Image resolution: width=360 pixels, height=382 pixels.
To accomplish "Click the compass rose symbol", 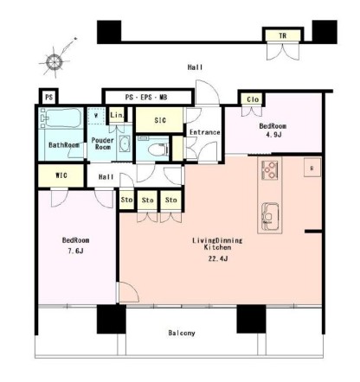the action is pyautogui.click(x=55, y=62).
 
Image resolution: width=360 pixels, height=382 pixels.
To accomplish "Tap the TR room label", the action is pyautogui.click(x=283, y=35).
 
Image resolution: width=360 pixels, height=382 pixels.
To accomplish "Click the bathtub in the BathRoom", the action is pyautogui.click(x=61, y=118).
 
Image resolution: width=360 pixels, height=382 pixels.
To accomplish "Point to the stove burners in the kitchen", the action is pyautogui.click(x=270, y=170).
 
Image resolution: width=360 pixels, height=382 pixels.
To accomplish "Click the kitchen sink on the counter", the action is pyautogui.click(x=270, y=217).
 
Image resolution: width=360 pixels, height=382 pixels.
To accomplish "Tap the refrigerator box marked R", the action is pyautogui.click(x=312, y=168).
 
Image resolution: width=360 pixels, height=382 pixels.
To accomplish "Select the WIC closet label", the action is pyautogui.click(x=61, y=175).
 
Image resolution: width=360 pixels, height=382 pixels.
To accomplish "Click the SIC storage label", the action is pyautogui.click(x=160, y=120).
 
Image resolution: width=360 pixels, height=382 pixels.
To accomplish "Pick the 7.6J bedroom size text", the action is pyautogui.click(x=75, y=251).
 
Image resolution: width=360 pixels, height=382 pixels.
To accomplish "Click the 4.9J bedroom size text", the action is pyautogui.click(x=273, y=135).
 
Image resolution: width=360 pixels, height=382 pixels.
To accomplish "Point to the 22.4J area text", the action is pyautogui.click(x=218, y=258).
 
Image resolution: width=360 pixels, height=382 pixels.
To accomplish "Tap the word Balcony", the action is pyautogui.click(x=182, y=333).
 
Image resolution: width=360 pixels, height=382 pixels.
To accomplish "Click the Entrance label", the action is pyautogui.click(x=205, y=132).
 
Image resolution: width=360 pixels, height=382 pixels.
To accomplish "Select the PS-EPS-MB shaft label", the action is pyautogui.click(x=146, y=97).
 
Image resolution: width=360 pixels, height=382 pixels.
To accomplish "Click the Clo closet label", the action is pyautogui.click(x=253, y=99).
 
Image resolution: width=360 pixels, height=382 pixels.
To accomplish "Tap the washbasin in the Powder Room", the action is pyautogui.click(x=125, y=143).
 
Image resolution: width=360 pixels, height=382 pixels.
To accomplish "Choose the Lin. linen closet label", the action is pyautogui.click(x=117, y=115).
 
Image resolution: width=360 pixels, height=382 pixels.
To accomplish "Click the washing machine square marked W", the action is pyautogui.click(x=96, y=116).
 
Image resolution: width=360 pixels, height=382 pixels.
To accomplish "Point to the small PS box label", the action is pyautogui.click(x=49, y=97).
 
